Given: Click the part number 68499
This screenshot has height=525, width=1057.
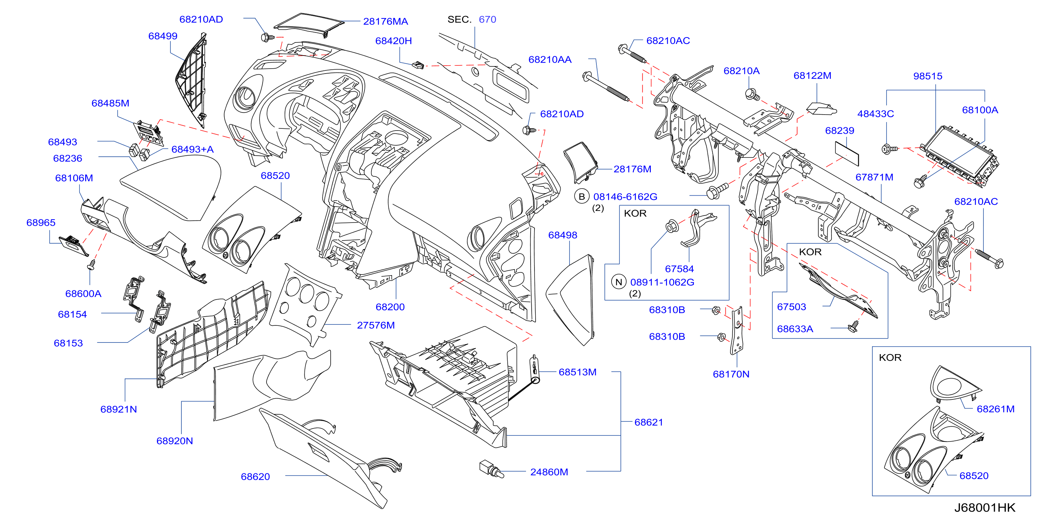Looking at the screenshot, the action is [x=163, y=36].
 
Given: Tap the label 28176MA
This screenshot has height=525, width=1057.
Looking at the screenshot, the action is [x=385, y=21].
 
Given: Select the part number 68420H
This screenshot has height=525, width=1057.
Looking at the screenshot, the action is [x=393, y=41].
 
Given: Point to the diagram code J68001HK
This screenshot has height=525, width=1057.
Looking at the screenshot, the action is [x=985, y=508].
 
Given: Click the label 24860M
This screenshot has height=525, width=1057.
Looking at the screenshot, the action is [x=549, y=472].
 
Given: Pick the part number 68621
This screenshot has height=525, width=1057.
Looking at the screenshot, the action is [x=649, y=422].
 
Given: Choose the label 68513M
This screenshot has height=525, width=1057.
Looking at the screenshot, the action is [x=577, y=372].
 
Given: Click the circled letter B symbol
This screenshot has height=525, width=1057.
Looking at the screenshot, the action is [x=582, y=197].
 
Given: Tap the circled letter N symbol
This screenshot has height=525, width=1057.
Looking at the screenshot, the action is [x=619, y=282].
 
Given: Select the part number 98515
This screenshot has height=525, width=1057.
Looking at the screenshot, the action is [x=928, y=76].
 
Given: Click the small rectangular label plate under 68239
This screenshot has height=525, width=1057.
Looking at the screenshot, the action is [x=847, y=154].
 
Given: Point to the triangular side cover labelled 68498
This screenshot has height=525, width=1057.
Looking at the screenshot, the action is [x=570, y=300].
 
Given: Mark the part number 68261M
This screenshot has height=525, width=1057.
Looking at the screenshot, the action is [x=995, y=409].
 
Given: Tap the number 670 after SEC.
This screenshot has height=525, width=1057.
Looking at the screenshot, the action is [x=487, y=19].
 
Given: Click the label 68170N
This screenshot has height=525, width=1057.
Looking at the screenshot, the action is [x=731, y=374].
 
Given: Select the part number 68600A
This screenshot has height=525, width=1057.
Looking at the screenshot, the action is [x=83, y=294].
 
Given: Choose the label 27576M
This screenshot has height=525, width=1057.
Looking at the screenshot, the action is [x=376, y=325].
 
